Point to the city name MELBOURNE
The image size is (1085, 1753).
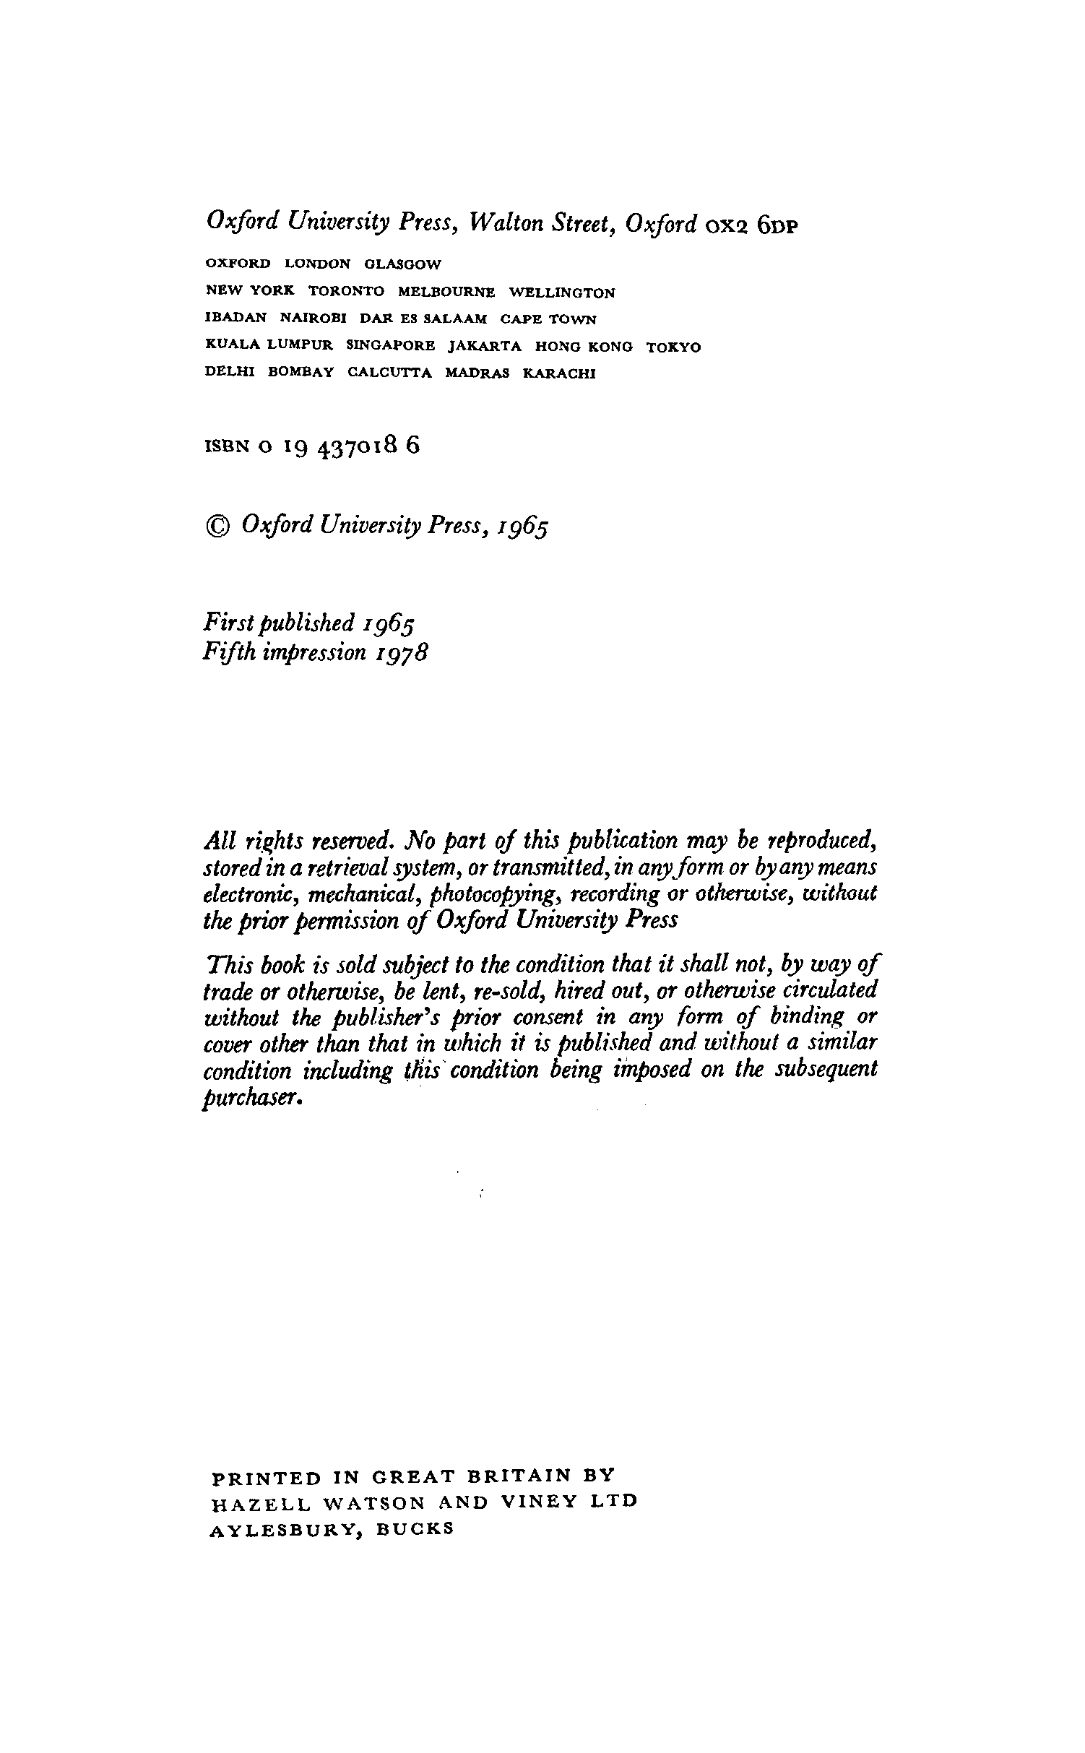446,293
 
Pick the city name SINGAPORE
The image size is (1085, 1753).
391,346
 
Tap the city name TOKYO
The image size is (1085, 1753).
673,347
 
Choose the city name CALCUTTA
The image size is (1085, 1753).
390,373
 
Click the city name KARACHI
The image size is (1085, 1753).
559,374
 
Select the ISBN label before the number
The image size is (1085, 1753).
227,447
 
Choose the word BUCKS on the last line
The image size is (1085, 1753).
415,1528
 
